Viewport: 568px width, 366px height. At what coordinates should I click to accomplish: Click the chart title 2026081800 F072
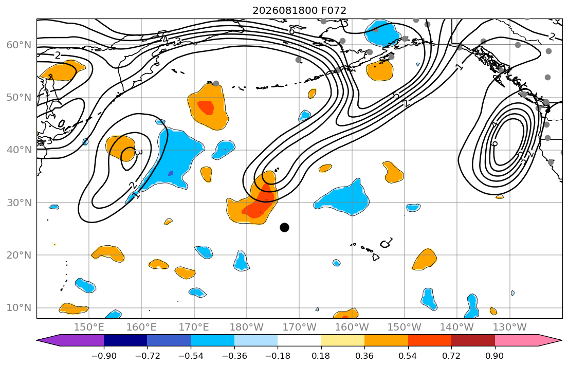(299, 10)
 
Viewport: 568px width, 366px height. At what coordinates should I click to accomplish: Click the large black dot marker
(284, 228)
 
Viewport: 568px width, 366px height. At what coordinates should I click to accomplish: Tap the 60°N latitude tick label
(19, 45)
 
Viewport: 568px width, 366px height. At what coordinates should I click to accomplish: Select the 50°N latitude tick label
(19, 98)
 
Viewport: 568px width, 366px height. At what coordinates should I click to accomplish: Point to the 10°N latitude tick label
(19, 308)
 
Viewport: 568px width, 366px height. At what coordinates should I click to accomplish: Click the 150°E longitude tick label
(89, 327)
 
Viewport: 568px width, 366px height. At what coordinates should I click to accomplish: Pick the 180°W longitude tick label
(247, 327)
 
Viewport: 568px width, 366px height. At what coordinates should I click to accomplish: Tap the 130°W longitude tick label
(510, 327)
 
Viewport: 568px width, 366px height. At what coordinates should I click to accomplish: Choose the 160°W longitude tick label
(352, 327)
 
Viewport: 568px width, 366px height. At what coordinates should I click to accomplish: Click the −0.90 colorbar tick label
(104, 356)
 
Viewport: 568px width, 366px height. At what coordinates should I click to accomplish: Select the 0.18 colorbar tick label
(321, 356)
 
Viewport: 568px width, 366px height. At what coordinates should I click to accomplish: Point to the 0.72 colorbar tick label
(451, 356)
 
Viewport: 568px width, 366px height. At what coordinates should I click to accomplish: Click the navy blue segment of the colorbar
(125, 340)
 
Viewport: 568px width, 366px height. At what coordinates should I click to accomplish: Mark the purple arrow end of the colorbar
(70, 340)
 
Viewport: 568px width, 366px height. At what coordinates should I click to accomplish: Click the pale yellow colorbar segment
(343, 340)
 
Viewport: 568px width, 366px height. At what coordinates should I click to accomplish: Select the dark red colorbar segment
(473, 340)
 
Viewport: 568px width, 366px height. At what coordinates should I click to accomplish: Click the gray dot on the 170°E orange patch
(216, 83)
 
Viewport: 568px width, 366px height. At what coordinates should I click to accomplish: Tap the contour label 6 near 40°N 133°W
(495, 143)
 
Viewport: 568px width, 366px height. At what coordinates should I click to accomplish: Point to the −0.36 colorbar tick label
(234, 356)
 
